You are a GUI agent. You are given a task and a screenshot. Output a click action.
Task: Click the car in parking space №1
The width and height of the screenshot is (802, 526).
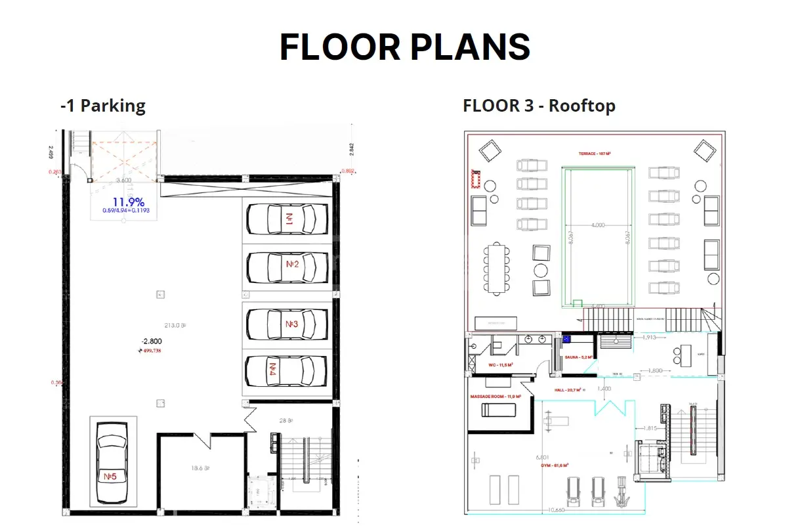[287, 218]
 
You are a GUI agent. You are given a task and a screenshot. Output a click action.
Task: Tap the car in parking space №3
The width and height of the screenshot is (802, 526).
[287, 323]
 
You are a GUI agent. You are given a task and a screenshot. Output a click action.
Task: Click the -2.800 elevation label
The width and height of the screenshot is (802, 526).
[151, 341]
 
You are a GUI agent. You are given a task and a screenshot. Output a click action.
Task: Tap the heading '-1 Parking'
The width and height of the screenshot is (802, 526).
[102, 106]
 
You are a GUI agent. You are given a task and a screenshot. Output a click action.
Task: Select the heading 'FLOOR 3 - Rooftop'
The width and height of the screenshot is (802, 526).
[539, 106]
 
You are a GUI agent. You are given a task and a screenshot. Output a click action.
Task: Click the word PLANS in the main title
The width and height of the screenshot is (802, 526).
[458, 47]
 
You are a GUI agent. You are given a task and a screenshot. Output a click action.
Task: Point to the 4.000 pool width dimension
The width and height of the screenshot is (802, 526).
[597, 225]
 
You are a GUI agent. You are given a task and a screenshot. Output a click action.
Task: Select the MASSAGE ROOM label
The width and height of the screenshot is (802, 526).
[496, 397]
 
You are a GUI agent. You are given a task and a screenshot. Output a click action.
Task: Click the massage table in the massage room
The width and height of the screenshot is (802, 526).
[499, 410]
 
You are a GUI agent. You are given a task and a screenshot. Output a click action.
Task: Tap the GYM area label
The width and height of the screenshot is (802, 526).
[553, 465]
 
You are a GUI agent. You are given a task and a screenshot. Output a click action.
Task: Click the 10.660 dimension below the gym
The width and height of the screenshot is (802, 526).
[555, 509]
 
